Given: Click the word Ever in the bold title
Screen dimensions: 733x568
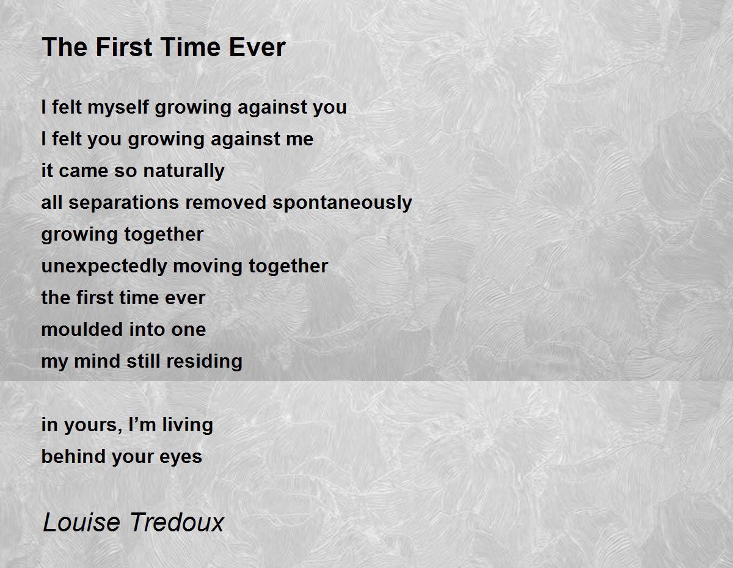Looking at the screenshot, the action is coord(257,47).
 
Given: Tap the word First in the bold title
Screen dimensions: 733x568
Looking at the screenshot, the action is coord(124,47).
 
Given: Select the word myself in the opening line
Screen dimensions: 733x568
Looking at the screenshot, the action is coord(118,108).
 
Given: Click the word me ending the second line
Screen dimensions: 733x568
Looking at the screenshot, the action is coord(300,139).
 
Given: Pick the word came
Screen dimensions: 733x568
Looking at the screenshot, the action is coord(83,171).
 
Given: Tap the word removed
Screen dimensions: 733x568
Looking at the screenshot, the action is coord(226,203).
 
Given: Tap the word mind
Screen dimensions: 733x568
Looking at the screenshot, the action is coord(97,361).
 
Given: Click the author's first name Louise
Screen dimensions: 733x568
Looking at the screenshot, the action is coord(82,522).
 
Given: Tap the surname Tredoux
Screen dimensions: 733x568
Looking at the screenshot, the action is coord(177,522).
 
